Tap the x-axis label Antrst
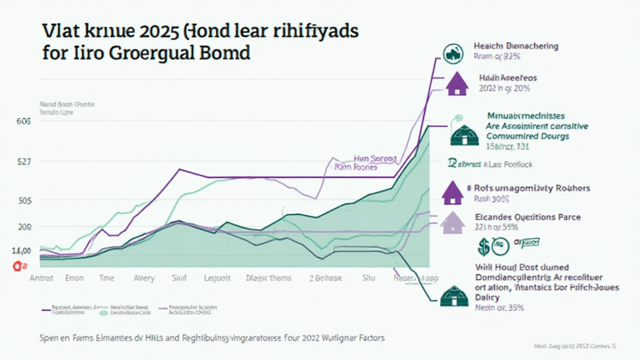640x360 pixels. [43, 278]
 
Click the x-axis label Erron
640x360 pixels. [74, 278]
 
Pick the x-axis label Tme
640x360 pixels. [107, 278]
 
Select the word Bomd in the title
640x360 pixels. [223, 53]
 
